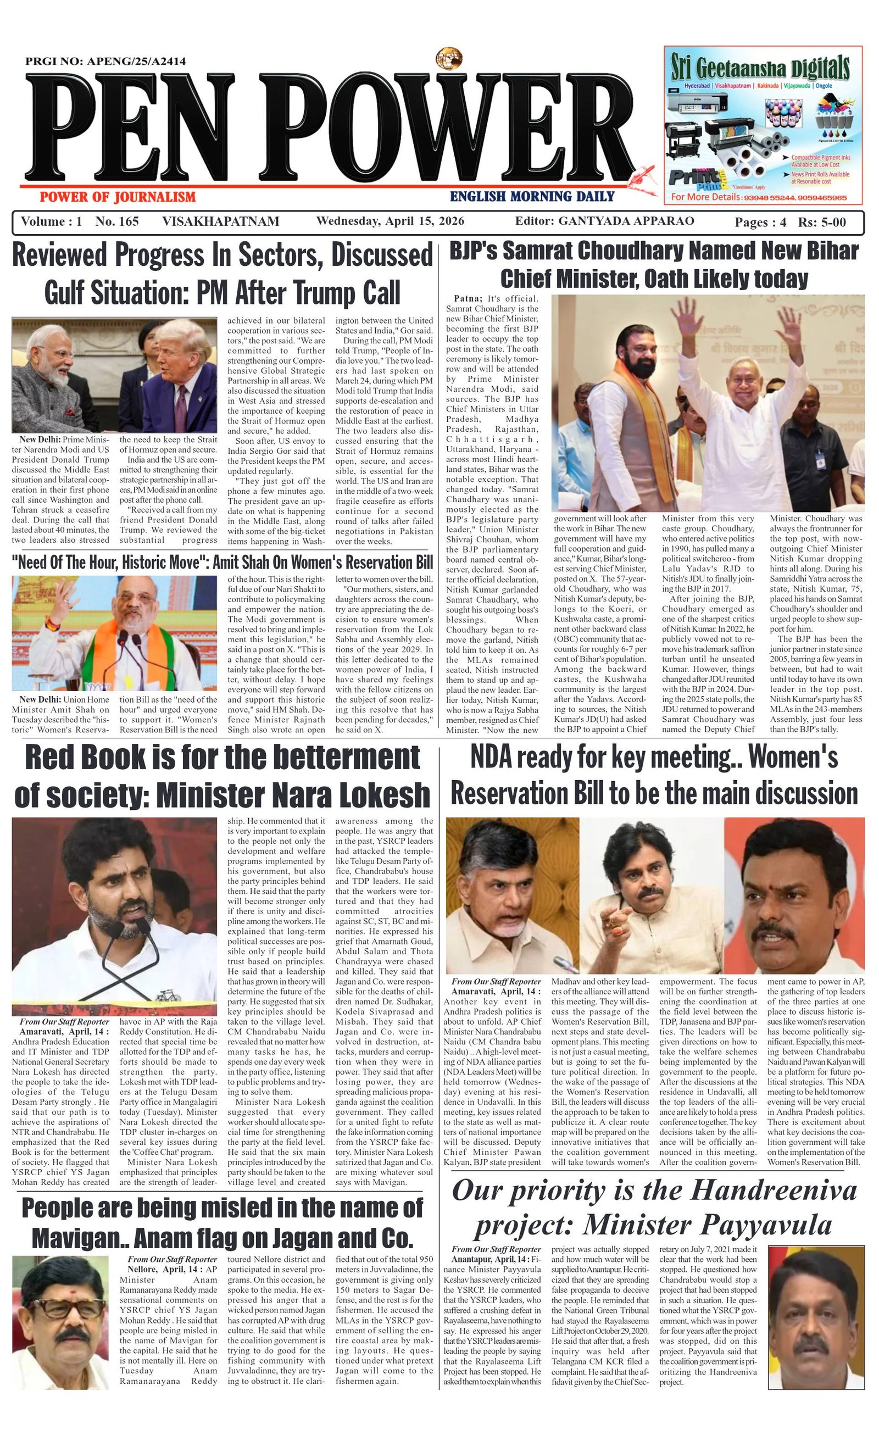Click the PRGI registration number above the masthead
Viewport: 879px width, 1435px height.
point(105,61)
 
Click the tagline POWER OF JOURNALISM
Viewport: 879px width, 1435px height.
point(117,197)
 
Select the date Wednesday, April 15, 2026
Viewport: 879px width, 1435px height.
point(390,221)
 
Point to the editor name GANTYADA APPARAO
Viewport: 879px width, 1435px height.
point(626,221)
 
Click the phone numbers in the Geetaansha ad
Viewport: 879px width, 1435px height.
point(794,198)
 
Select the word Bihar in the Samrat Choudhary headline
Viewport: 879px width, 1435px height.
point(832,252)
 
